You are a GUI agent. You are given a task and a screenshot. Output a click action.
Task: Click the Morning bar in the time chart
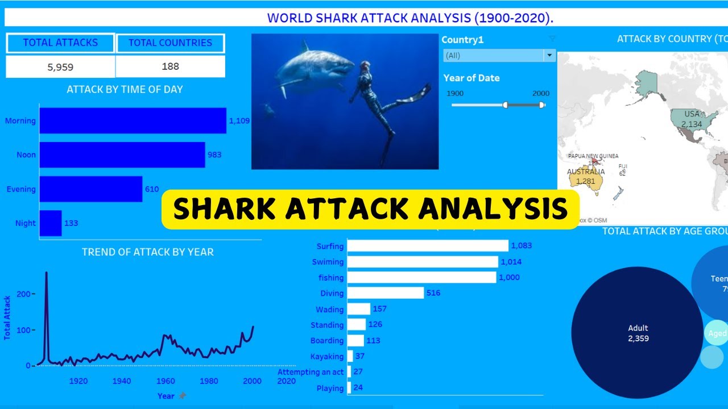click(133, 120)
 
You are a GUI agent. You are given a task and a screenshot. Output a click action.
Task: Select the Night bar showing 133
click(50, 223)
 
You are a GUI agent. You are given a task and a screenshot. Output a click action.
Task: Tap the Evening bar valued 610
click(91, 189)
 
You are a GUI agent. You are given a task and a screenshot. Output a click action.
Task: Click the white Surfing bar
click(428, 245)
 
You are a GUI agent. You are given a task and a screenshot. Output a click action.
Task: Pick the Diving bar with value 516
click(386, 293)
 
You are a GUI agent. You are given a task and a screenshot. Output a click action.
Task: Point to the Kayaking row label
click(327, 357)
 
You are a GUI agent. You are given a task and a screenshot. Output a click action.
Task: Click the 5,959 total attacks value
click(60, 67)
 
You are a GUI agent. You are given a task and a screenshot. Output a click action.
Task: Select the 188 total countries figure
click(170, 66)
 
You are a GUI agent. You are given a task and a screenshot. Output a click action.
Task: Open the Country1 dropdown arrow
click(549, 56)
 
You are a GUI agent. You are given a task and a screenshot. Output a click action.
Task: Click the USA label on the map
click(692, 114)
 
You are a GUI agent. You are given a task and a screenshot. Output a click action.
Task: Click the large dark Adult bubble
click(638, 333)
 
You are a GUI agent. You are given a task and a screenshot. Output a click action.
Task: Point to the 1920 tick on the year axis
click(78, 381)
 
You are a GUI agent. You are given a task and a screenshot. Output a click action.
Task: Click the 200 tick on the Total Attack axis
click(23, 294)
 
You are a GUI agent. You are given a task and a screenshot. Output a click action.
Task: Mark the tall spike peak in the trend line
click(46, 273)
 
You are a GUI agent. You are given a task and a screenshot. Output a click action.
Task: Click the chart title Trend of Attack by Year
click(147, 252)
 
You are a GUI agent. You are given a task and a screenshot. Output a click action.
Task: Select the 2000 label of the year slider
click(541, 93)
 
